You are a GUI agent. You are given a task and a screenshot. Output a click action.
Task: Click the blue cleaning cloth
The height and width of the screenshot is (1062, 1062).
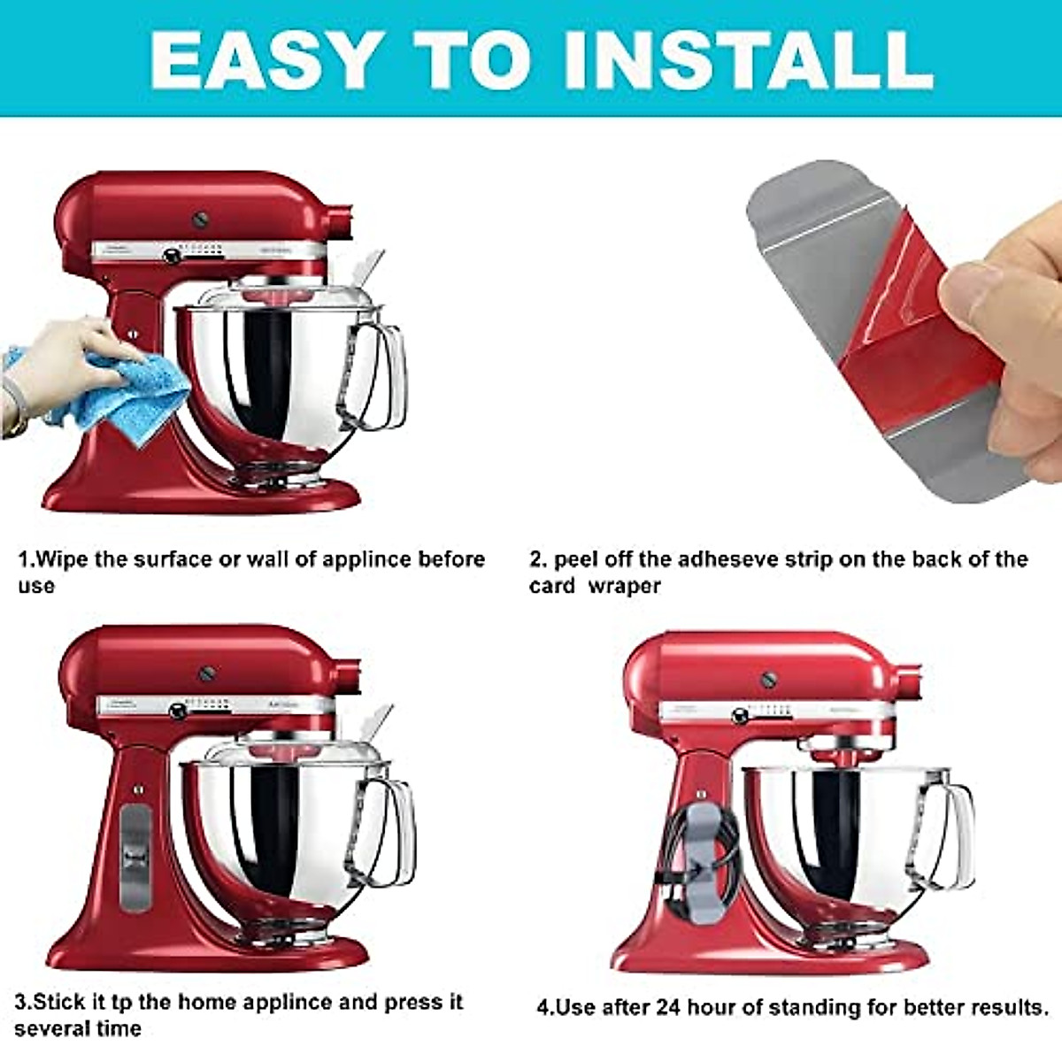point(133,389)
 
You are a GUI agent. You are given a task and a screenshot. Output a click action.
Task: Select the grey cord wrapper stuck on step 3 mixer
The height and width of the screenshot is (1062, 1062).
point(135,857)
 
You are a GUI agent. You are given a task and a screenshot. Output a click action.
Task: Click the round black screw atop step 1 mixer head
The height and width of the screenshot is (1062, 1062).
point(200,220)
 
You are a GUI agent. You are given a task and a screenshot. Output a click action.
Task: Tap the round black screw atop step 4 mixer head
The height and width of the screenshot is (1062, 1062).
point(769,680)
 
